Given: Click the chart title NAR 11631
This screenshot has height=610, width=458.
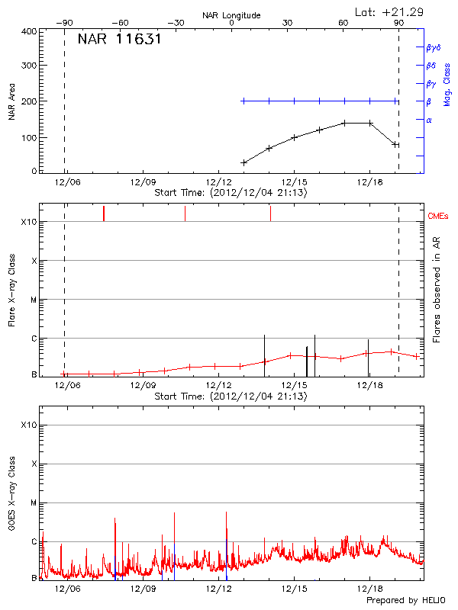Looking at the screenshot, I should pyautogui.click(x=119, y=40).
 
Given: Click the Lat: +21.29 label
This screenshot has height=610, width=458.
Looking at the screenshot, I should pyautogui.click(x=390, y=11).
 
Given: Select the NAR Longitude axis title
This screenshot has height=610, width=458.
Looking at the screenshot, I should pyautogui.click(x=231, y=15).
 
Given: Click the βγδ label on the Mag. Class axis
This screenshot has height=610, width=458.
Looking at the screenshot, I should pyautogui.click(x=433, y=47).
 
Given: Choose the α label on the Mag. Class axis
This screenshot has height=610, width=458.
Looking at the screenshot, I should pyautogui.click(x=429, y=120).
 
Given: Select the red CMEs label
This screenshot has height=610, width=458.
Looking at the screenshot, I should pyautogui.click(x=439, y=217).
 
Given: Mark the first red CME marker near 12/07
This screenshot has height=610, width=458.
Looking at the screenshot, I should pyautogui.click(x=104, y=213).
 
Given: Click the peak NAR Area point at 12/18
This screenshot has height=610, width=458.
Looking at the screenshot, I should pyautogui.click(x=369, y=123).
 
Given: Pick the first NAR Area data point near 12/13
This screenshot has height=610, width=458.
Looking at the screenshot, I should pyautogui.click(x=244, y=162).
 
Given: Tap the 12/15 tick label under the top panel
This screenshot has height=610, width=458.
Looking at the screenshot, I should pyautogui.click(x=295, y=183).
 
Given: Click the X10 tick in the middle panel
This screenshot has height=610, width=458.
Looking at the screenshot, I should pyautogui.click(x=30, y=222).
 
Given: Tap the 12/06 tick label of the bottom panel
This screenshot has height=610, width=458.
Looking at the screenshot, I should pyautogui.click(x=67, y=590).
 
